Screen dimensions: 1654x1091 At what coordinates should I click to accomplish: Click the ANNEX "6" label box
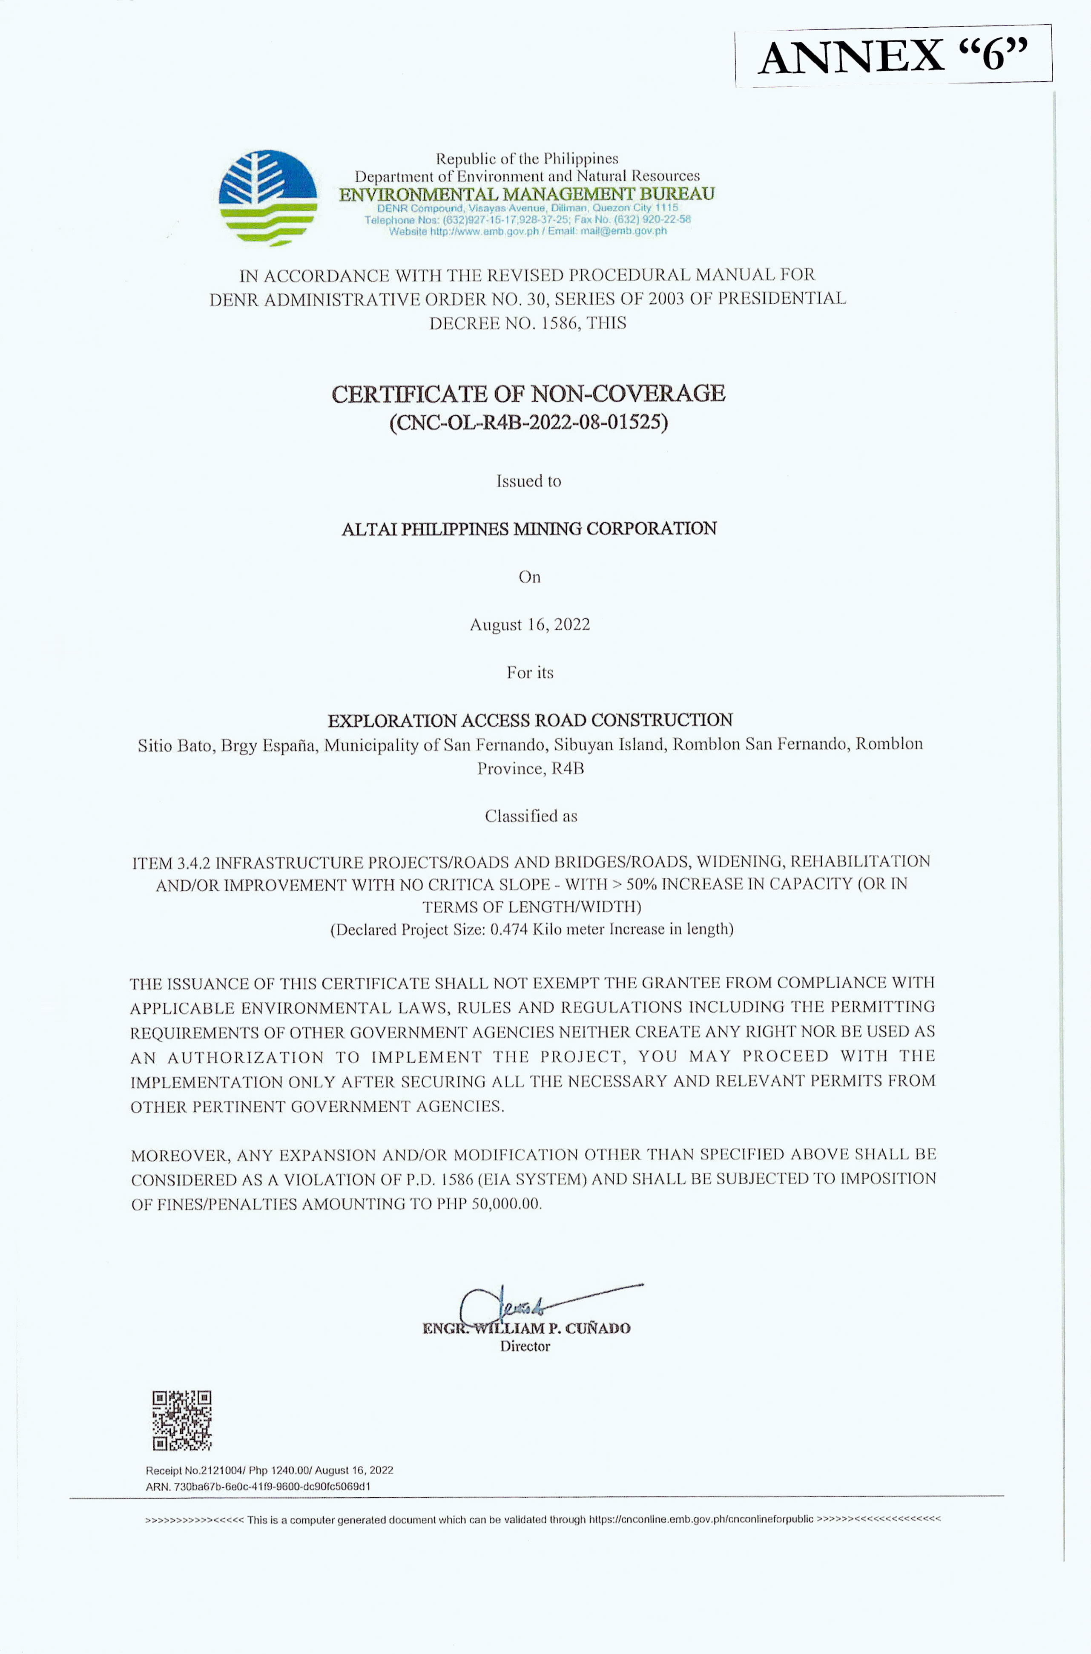click(x=893, y=56)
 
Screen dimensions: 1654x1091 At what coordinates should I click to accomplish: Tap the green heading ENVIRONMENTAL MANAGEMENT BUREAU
click(x=527, y=194)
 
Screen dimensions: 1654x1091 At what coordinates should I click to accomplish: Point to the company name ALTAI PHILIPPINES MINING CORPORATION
click(x=529, y=529)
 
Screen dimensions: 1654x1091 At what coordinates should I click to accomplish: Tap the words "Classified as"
click(x=531, y=816)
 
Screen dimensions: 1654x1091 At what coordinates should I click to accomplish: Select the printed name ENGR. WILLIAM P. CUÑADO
click(x=527, y=1328)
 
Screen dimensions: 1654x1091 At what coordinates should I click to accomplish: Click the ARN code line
click(x=258, y=1486)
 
